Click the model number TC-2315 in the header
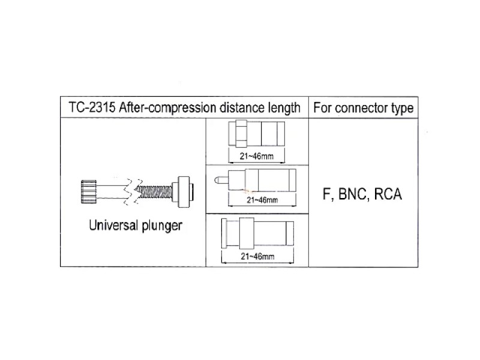coord(92,107)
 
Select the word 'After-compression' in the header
coord(167,108)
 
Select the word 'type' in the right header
coord(402,109)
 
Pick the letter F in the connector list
coord(327,194)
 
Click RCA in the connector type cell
coord(388,194)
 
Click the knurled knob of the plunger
coord(89,191)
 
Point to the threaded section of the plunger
coord(154,192)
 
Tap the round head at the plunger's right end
coord(184,192)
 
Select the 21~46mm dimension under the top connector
coord(257,156)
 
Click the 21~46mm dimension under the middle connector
coord(262,200)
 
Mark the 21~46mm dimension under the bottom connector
coord(257,256)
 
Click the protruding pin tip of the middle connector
coord(219,179)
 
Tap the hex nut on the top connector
coord(241,133)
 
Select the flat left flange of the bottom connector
coord(224,233)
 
